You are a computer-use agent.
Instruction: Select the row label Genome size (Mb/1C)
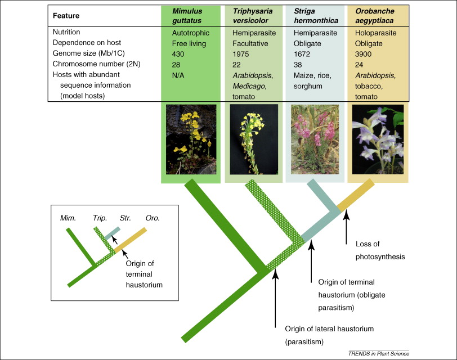pyautogui.click(x=86, y=53)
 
